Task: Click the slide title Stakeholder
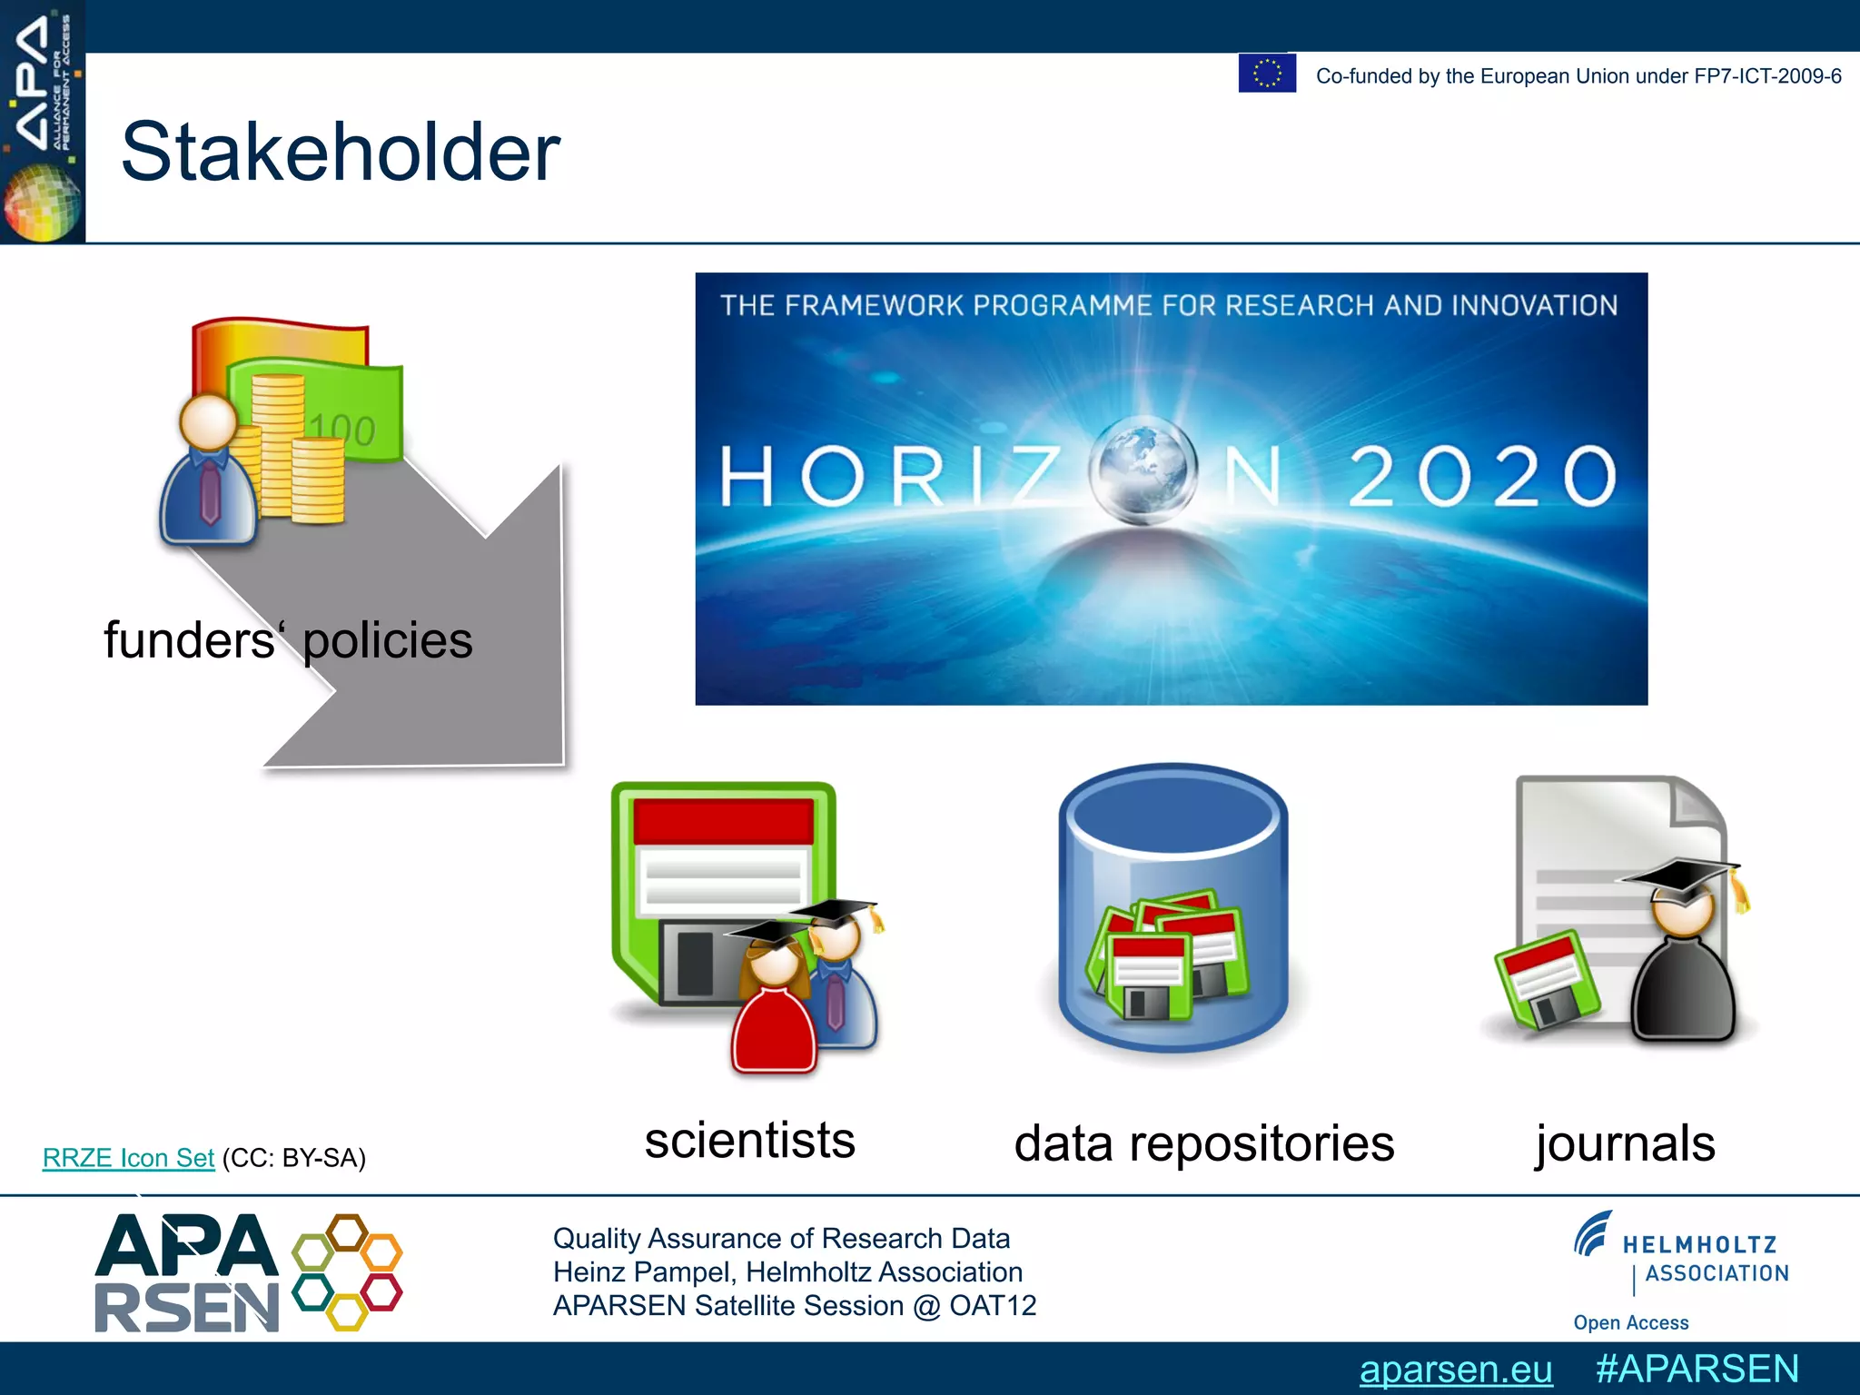point(341,153)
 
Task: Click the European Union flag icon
point(1267,73)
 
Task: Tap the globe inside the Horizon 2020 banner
point(1143,470)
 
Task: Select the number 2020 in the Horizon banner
point(1482,476)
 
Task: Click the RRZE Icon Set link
point(128,1158)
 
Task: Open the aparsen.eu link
point(1455,1370)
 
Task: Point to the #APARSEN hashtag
point(1697,1369)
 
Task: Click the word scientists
point(749,1141)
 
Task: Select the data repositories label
point(1203,1143)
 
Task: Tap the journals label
point(1625,1143)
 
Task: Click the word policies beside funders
point(388,641)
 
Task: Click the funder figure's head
point(209,422)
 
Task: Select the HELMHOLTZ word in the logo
point(1699,1245)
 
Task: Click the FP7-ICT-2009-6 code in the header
point(1767,76)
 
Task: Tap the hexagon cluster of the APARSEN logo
point(347,1271)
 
